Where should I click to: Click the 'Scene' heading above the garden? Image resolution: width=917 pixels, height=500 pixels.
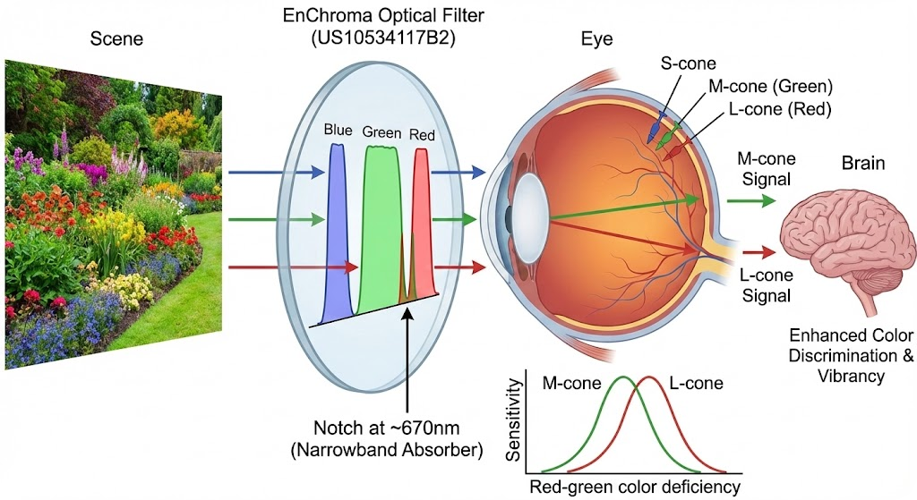point(116,39)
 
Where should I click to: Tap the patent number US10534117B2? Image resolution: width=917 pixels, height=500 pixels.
point(383,38)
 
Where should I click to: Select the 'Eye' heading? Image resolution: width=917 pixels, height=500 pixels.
point(596,39)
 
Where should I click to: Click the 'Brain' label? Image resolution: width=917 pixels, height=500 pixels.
point(862,163)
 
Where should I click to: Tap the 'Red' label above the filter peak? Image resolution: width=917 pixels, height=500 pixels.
point(422,136)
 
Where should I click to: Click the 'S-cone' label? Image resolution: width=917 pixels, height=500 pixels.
point(688,64)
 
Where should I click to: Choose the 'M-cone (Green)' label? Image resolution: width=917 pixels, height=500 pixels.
point(770,87)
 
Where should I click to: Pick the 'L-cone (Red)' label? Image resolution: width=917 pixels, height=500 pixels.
point(780,109)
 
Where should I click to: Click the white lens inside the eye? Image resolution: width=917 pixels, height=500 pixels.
point(532,216)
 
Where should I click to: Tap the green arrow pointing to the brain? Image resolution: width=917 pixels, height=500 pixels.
point(751,200)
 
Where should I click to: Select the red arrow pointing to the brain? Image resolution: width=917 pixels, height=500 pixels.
point(759,252)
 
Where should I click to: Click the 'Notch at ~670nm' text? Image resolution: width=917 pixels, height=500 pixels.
point(387,428)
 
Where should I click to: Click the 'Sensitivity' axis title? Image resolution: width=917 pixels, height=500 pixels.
point(513,419)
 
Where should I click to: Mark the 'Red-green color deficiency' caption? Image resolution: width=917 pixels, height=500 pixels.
point(635,487)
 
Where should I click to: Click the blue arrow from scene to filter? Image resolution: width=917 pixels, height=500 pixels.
point(276,172)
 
